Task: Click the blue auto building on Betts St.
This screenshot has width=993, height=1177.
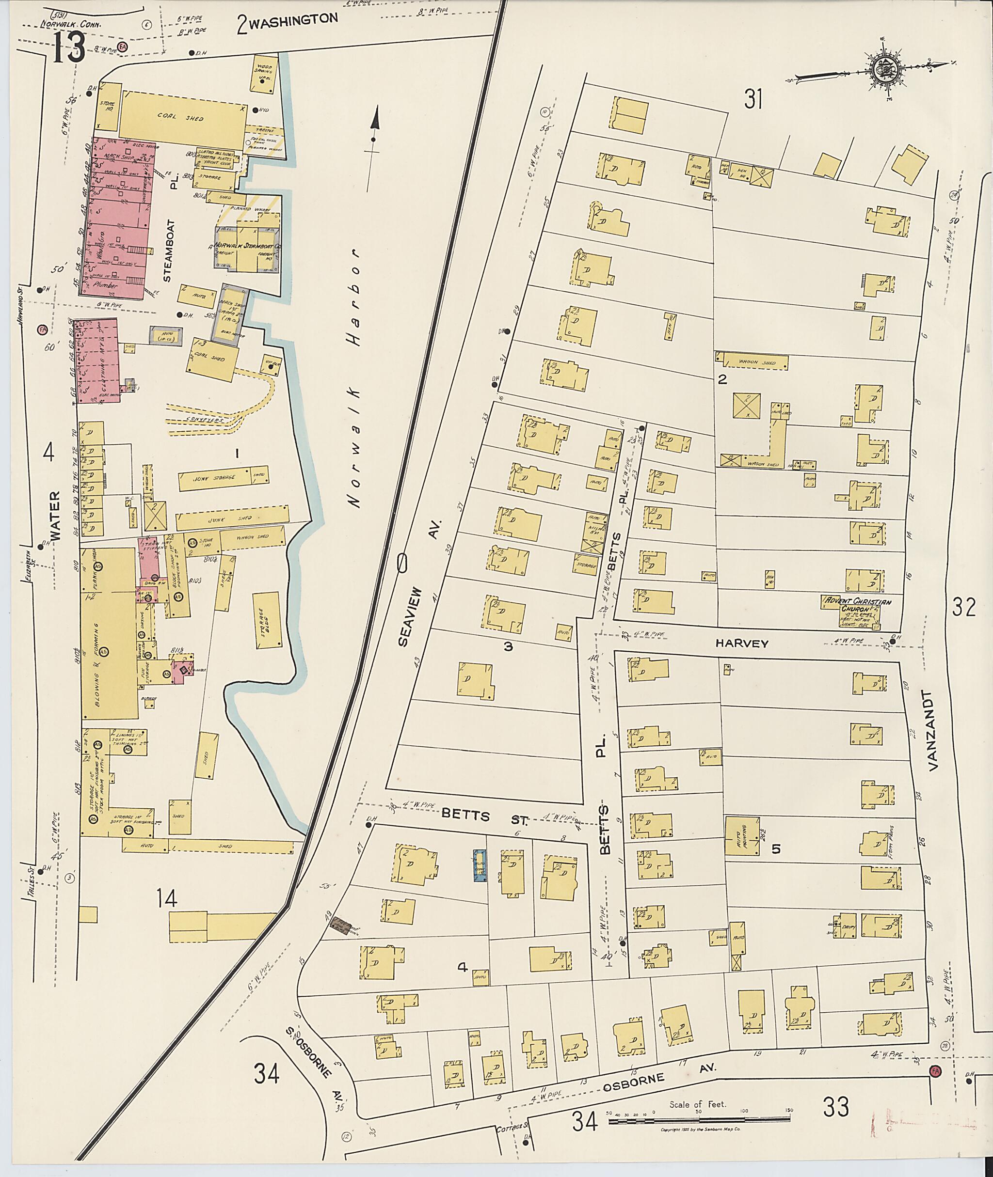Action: pyautogui.click(x=480, y=865)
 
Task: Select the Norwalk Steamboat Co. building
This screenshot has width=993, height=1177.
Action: pyautogui.click(x=247, y=249)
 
